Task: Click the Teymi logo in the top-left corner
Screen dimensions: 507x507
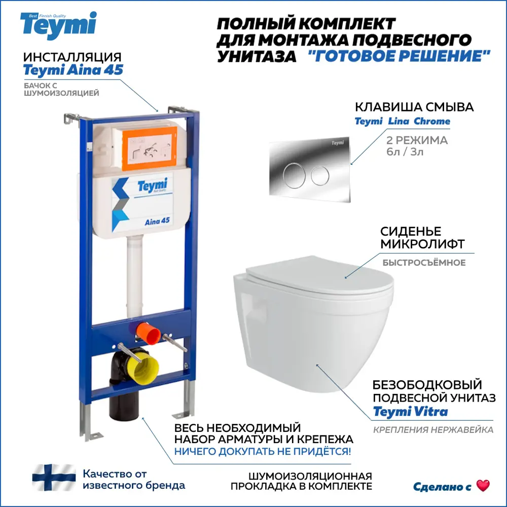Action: pyautogui.click(x=58, y=24)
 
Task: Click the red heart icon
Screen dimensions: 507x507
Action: pyautogui.click(x=483, y=485)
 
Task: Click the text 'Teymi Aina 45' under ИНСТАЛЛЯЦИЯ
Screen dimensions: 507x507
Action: pyautogui.click(x=73, y=70)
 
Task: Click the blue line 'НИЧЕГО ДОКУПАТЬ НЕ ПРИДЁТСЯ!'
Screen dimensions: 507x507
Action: pyautogui.click(x=262, y=451)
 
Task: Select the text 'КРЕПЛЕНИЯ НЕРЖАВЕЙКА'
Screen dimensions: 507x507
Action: pyautogui.click(x=433, y=430)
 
